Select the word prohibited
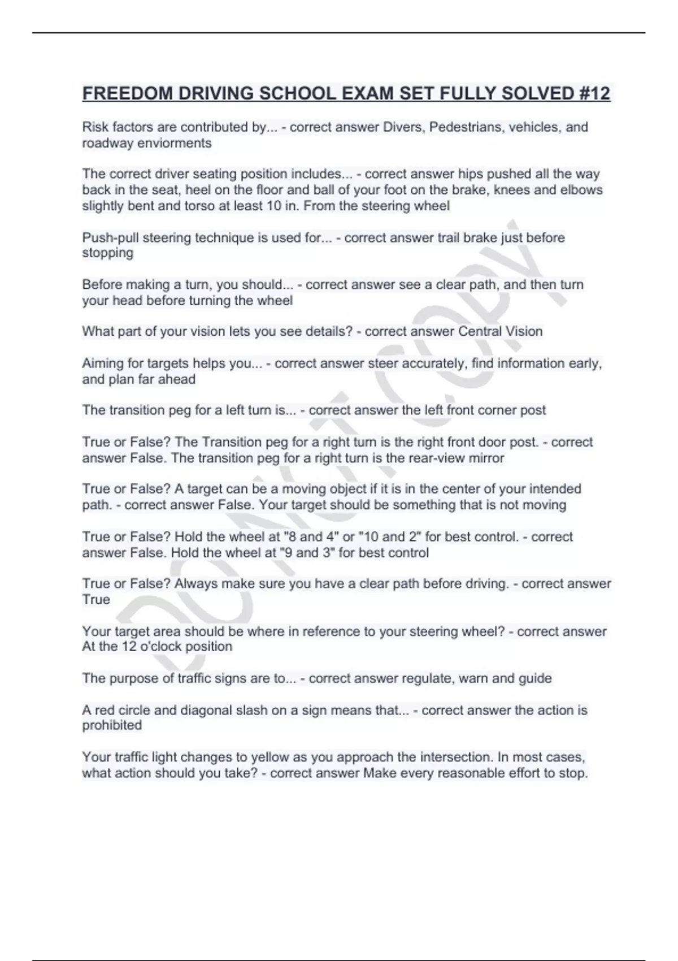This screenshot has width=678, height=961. [x=112, y=725]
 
